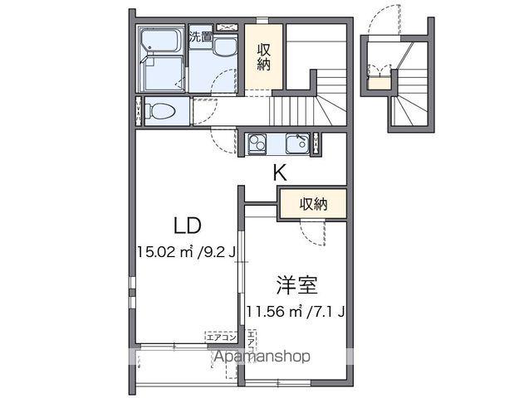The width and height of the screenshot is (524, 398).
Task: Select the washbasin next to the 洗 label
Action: coord(224,47)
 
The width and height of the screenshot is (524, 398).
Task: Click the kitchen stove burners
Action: coord(257,144)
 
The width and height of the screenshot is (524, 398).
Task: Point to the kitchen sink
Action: coord(296,144)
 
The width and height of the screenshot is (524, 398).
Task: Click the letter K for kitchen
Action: coord(281,173)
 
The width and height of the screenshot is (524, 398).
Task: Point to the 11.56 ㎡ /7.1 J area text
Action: coord(295,312)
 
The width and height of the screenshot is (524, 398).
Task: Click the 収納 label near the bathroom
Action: coord(263,56)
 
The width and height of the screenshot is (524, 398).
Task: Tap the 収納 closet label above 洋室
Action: coord(312,203)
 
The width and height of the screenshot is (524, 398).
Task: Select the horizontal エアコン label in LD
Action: coord(222,337)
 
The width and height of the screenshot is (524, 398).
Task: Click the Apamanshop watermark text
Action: coord(262,357)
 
